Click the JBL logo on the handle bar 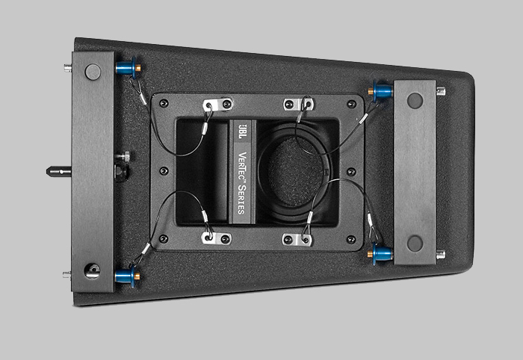click(x=243, y=131)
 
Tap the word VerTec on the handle click(x=243, y=167)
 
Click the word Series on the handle click(x=241, y=199)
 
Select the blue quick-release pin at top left click(x=128, y=67)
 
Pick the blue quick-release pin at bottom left click(x=127, y=276)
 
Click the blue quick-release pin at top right click(x=380, y=90)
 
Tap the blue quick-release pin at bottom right click(x=380, y=254)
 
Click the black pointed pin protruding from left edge click(x=59, y=171)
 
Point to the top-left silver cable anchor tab click(x=217, y=105)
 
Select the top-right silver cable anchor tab click(x=299, y=104)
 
